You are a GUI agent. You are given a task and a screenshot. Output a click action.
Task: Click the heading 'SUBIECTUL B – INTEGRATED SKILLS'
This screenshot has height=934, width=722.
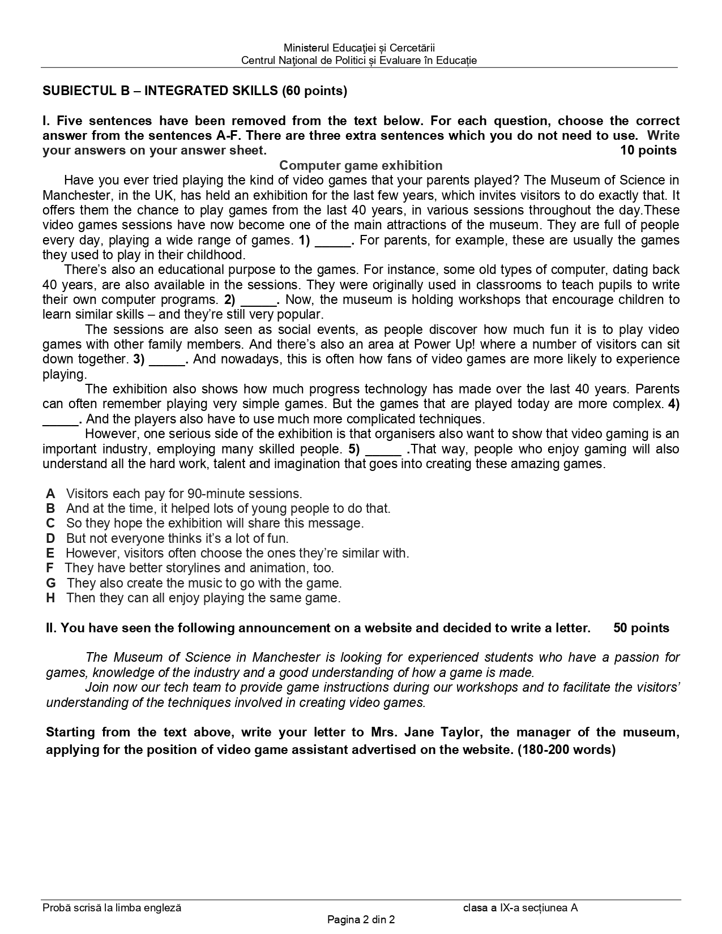(195, 91)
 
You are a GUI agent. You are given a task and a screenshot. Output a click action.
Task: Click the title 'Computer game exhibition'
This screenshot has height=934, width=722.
(361, 165)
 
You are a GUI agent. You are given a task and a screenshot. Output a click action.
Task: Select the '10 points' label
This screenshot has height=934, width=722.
(648, 150)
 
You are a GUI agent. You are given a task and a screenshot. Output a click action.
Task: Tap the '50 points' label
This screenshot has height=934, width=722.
(641, 628)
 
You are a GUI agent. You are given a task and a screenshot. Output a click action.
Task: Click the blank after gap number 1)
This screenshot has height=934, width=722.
(333, 241)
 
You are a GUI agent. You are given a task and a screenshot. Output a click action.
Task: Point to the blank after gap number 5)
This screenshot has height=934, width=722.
(383, 450)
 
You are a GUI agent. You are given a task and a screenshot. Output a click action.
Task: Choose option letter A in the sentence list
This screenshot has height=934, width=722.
(51, 494)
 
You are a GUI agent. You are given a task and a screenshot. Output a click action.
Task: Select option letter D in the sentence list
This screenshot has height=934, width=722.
(51, 538)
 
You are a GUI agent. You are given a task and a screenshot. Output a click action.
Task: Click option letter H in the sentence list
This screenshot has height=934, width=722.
(51, 598)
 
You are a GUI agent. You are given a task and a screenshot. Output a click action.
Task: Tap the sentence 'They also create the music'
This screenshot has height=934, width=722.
(204, 583)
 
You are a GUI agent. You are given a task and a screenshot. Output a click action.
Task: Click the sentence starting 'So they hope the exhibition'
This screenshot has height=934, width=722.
(215, 523)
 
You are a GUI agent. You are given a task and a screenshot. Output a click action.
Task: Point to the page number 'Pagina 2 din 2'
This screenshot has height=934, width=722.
(361, 920)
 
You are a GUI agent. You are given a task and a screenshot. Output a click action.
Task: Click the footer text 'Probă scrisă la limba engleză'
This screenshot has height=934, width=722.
(112, 908)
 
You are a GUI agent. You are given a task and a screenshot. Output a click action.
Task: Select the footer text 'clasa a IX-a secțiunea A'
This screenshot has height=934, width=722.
(520, 908)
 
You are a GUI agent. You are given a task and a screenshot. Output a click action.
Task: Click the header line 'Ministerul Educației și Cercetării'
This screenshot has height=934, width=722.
(359, 48)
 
